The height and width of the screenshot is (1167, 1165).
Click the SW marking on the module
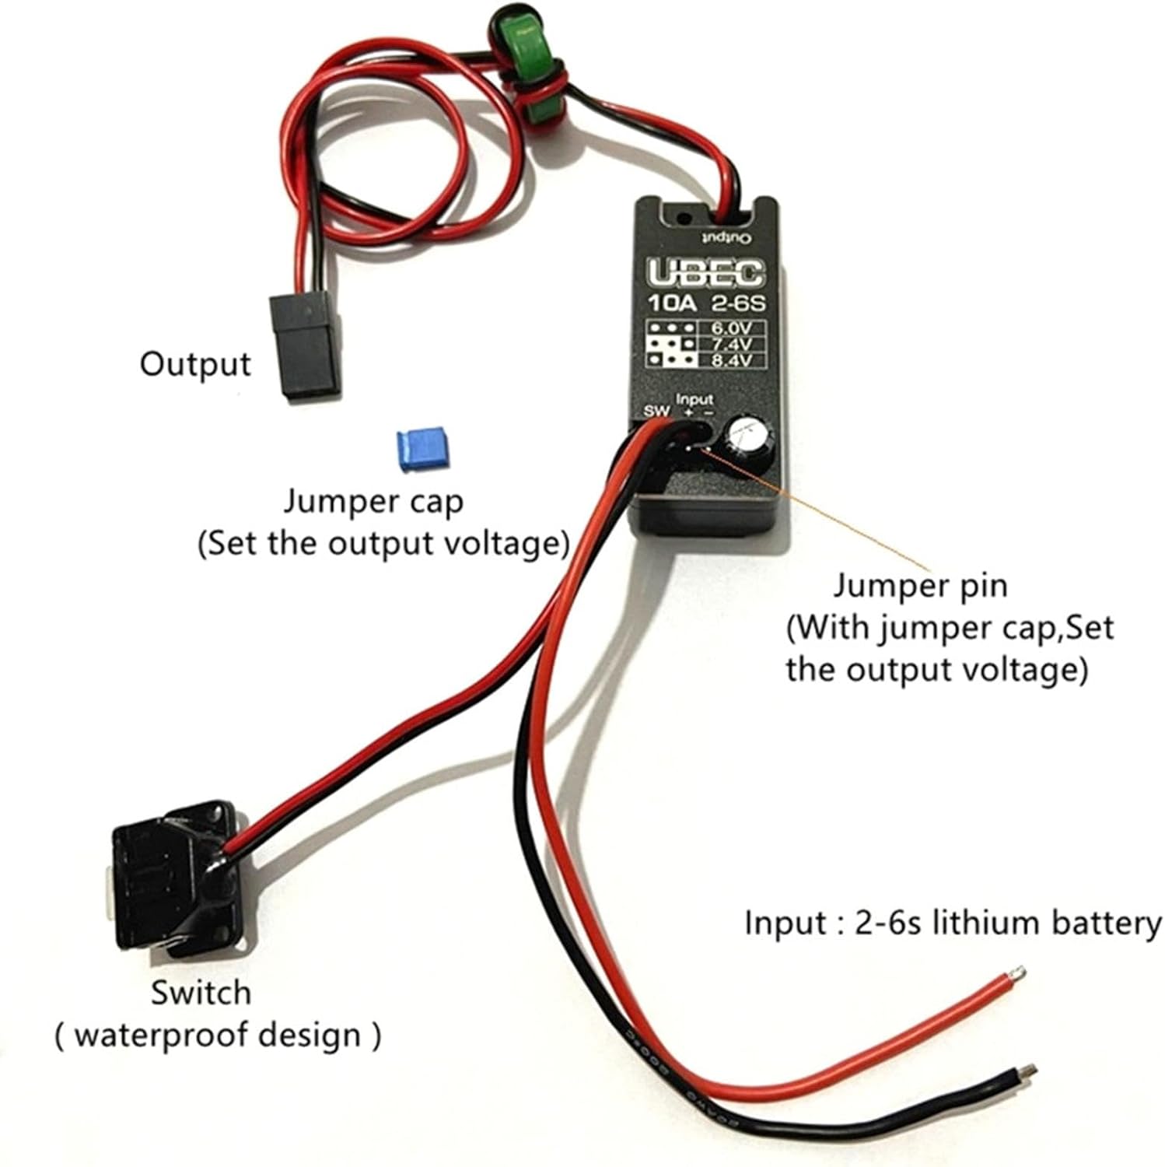[656, 411]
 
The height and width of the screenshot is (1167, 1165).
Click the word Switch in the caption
[201, 993]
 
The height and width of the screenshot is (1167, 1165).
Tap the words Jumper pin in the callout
[920, 585]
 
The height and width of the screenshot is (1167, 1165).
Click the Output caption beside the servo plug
[195, 364]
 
